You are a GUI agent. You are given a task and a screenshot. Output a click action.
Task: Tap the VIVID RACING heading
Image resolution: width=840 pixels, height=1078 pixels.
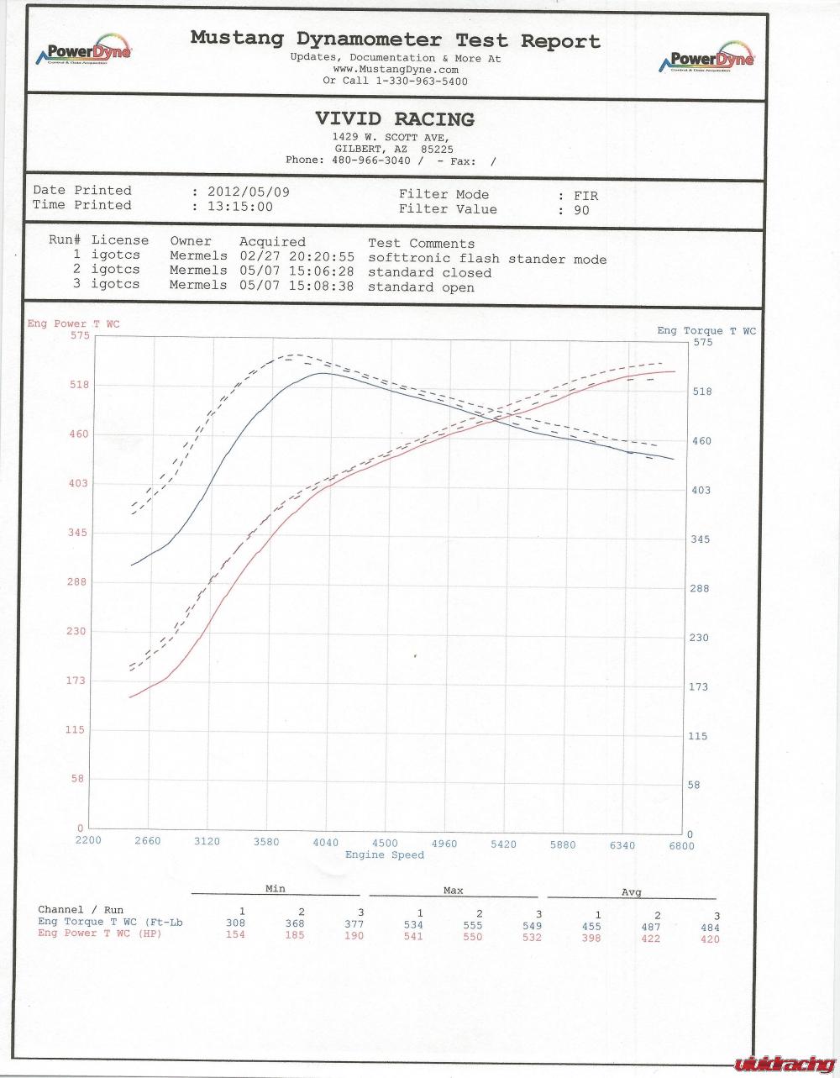[394, 119]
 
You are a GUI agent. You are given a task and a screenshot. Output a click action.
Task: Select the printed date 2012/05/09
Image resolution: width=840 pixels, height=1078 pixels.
[248, 192]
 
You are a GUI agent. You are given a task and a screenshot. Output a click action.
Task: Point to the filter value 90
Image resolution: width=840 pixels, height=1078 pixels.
[581, 210]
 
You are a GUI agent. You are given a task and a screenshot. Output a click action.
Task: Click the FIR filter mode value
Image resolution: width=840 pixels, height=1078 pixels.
[585, 195]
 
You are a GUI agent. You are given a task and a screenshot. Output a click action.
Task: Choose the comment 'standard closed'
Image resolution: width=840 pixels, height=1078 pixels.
[429, 272]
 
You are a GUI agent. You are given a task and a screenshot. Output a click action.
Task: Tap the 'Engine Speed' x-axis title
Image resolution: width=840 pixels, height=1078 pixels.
[385, 855]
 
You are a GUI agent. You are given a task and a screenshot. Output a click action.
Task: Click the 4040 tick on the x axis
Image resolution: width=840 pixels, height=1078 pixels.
[325, 843]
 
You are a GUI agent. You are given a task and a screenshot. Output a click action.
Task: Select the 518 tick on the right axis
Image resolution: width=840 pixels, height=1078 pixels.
[701, 392]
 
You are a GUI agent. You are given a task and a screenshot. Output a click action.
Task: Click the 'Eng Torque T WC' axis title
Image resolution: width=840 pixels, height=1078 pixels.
[706, 331]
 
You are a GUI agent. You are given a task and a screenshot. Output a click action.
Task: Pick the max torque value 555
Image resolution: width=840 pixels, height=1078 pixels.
[473, 925]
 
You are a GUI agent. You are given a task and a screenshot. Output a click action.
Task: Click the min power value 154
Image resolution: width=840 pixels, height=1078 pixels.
[235, 935]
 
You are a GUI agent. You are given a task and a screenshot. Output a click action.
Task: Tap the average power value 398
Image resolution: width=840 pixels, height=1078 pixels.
[591, 938]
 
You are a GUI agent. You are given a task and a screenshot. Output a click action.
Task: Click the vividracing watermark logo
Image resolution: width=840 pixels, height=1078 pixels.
[785, 1064]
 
